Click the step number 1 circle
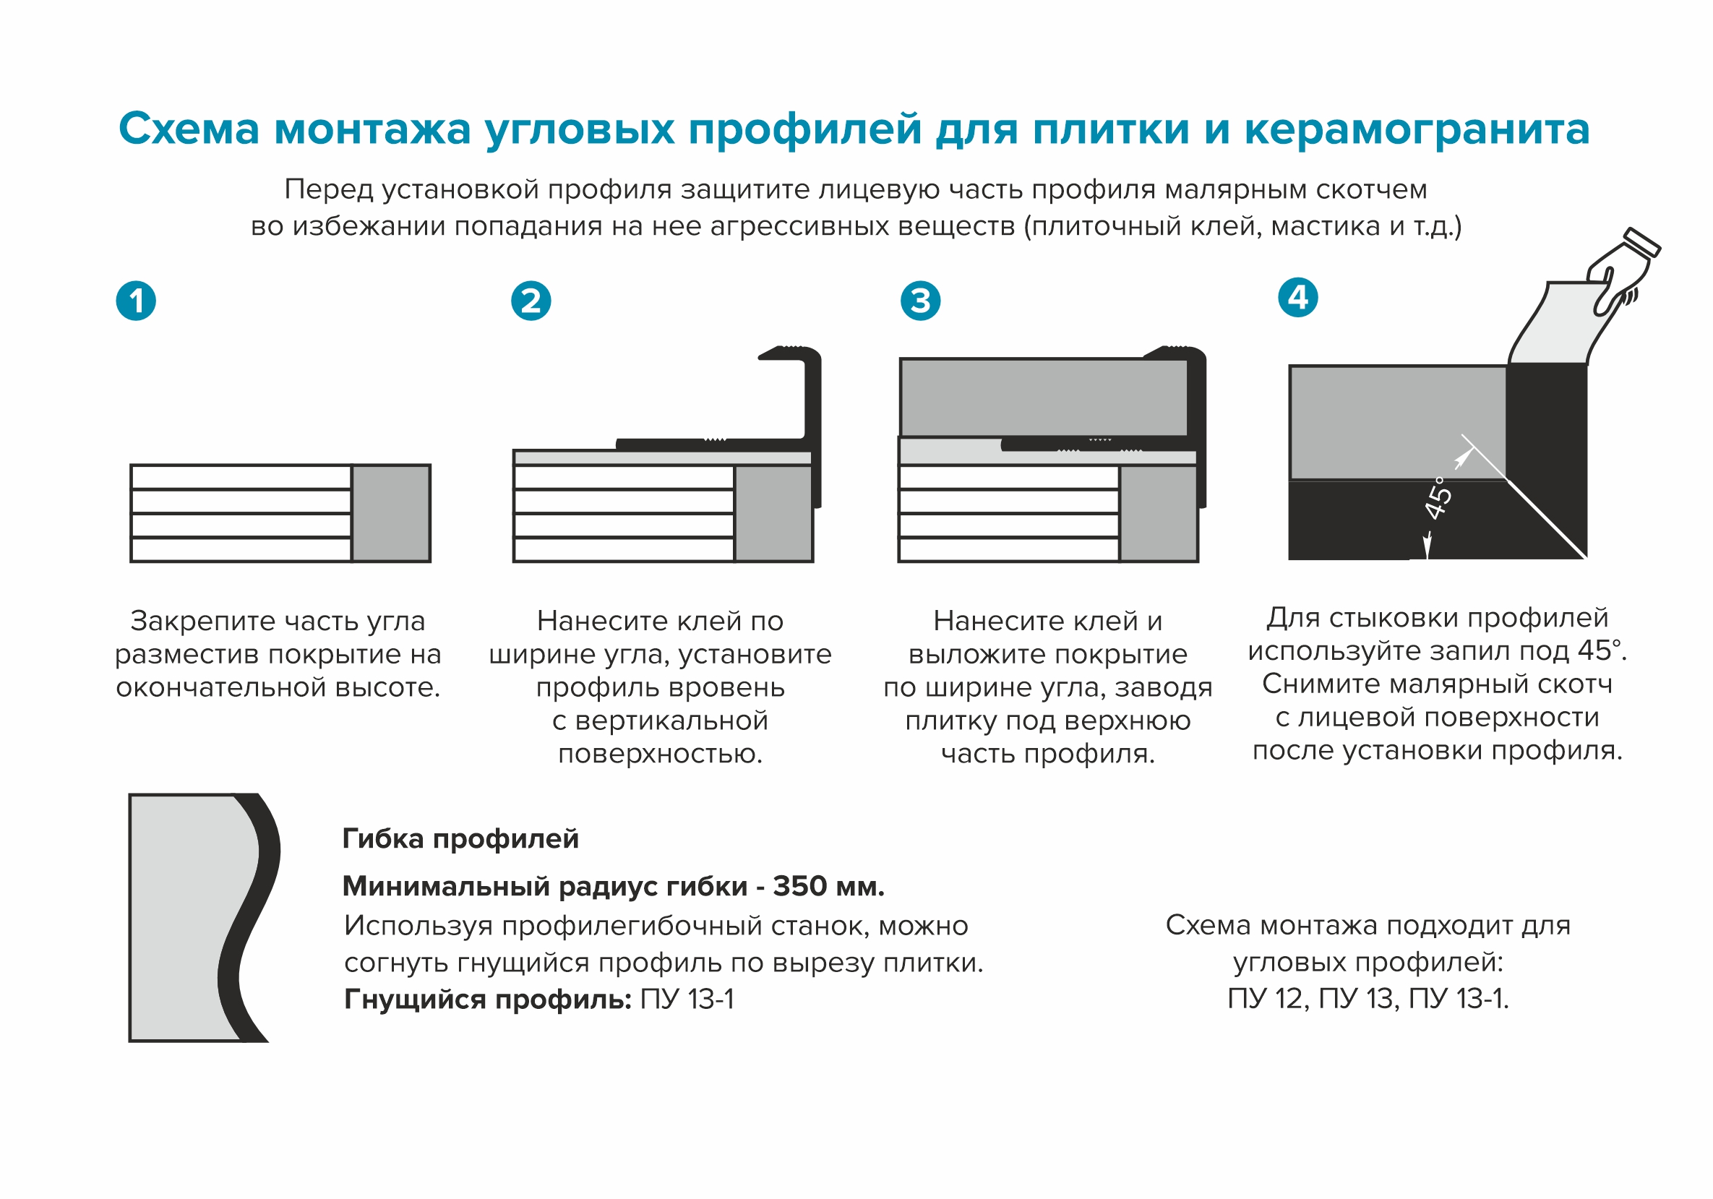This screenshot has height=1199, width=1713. (x=136, y=301)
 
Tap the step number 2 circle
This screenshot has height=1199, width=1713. (x=531, y=301)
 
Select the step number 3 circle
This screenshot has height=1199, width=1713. (x=920, y=301)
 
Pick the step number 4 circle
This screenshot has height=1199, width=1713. (x=1297, y=297)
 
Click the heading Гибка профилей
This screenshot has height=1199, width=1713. (x=460, y=838)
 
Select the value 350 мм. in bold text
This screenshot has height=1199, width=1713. (x=828, y=886)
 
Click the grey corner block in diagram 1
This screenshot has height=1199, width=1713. (x=391, y=513)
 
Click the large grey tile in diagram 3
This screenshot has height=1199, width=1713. (x=1042, y=397)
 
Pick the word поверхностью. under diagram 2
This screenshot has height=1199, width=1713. (x=659, y=754)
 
